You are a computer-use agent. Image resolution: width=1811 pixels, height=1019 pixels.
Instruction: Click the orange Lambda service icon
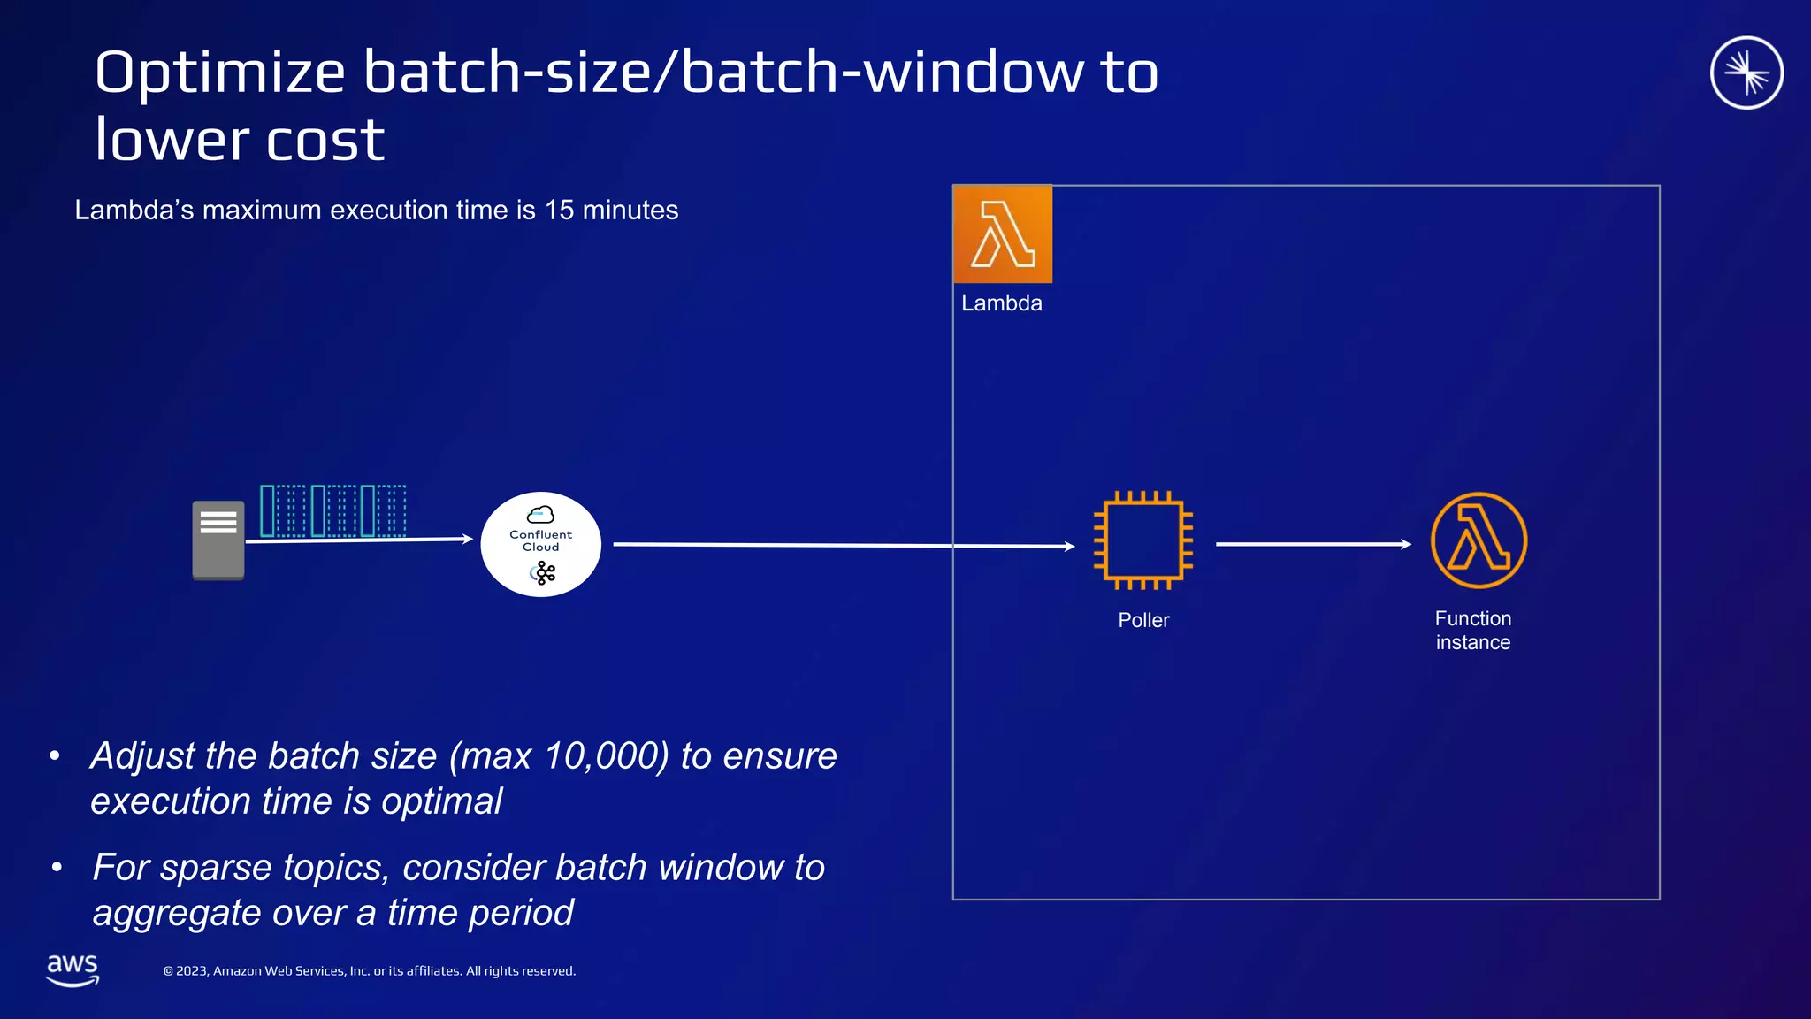pyautogui.click(x=1003, y=234)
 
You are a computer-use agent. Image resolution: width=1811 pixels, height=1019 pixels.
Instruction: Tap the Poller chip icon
pyautogui.click(x=1143, y=540)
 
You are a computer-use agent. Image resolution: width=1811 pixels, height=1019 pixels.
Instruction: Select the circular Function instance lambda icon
pyautogui.click(x=1479, y=540)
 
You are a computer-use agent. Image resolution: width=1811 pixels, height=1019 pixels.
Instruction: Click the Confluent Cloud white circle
pyautogui.click(x=541, y=544)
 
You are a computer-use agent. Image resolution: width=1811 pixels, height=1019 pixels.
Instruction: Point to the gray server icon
pyautogui.click(x=218, y=540)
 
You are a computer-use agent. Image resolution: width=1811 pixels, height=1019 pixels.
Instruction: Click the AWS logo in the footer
pyautogui.click(x=73, y=969)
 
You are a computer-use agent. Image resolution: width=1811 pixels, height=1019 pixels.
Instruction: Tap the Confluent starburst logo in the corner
pyautogui.click(x=1746, y=73)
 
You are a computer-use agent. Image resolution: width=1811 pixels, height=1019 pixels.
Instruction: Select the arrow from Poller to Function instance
pyautogui.click(x=1313, y=544)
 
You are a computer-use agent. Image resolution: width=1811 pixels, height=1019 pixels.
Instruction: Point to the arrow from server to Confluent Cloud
pyautogui.click(x=359, y=540)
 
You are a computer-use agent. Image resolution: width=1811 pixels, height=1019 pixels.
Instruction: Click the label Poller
pyautogui.click(x=1143, y=620)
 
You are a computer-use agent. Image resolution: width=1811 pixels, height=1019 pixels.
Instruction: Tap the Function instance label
pyautogui.click(x=1473, y=630)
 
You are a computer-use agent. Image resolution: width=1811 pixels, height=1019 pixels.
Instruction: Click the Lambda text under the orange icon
pyautogui.click(x=1002, y=303)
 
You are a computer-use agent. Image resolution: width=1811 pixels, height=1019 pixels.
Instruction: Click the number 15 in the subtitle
pyautogui.click(x=559, y=211)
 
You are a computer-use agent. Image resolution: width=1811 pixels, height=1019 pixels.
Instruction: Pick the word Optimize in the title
pyautogui.click(x=219, y=73)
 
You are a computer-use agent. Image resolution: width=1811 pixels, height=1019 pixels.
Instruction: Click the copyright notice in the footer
pyautogui.click(x=370, y=971)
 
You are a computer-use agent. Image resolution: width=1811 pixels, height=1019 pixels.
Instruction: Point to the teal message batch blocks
pyautogui.click(x=333, y=510)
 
